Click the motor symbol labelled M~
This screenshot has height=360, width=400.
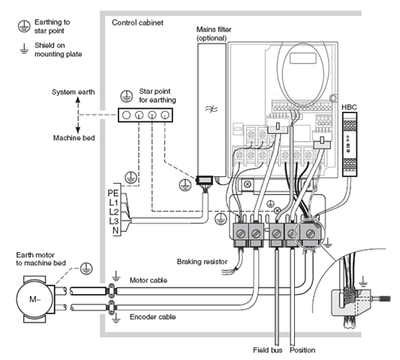point(35,298)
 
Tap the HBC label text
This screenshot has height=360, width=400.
point(349,107)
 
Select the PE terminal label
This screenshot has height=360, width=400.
point(113,193)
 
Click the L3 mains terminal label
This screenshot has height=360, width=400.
point(114,221)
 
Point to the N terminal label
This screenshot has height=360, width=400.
point(116,230)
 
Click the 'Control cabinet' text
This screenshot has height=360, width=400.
point(137,22)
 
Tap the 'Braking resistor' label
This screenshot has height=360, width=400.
point(202,262)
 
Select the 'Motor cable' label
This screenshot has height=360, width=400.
point(149,280)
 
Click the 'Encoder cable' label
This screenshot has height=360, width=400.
point(152,317)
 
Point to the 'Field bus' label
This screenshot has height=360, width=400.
point(268,350)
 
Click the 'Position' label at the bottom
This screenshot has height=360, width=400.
point(302,350)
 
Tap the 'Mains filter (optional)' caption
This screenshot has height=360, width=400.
point(214,34)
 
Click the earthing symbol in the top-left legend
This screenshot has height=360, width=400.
point(24,26)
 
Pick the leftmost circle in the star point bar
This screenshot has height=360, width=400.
point(126,115)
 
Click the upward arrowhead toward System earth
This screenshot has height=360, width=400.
point(78,100)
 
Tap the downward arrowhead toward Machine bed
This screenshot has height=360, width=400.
point(78,130)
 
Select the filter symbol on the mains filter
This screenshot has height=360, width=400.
point(212,109)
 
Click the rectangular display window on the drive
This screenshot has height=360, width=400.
point(303,58)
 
